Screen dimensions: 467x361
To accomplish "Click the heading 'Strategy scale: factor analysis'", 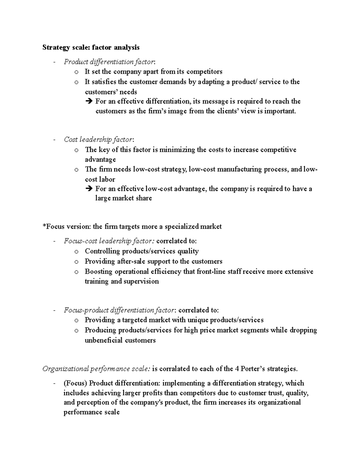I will click(91, 47).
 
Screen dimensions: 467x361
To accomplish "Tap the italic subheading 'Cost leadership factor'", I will click(98, 140).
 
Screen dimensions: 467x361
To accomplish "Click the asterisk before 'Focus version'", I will click(44, 226).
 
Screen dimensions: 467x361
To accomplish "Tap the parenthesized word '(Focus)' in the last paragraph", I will click(75, 383).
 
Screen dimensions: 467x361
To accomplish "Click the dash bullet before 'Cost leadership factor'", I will click(54, 140).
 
